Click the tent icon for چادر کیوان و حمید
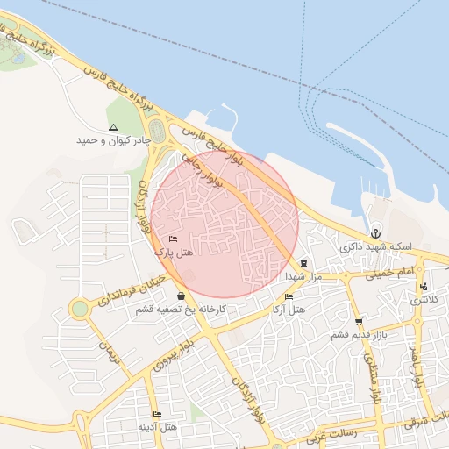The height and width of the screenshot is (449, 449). point(113,127)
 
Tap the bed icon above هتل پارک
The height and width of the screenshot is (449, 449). point(173,239)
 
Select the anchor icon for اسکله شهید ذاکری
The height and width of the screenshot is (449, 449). point(376,232)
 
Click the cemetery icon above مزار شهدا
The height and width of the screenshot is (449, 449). point(303,263)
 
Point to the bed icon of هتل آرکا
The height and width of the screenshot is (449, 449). point(289,297)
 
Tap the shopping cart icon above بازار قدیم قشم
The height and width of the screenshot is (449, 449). point(358,322)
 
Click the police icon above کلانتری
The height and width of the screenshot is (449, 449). point(424,286)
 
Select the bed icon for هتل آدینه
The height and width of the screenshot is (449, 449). point(157,414)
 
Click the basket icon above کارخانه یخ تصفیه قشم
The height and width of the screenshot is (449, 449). point(181,296)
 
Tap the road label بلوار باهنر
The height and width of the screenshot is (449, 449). point(419,368)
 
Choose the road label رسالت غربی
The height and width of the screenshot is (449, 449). point(330,436)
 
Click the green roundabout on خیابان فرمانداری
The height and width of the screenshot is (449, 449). point(81,309)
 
